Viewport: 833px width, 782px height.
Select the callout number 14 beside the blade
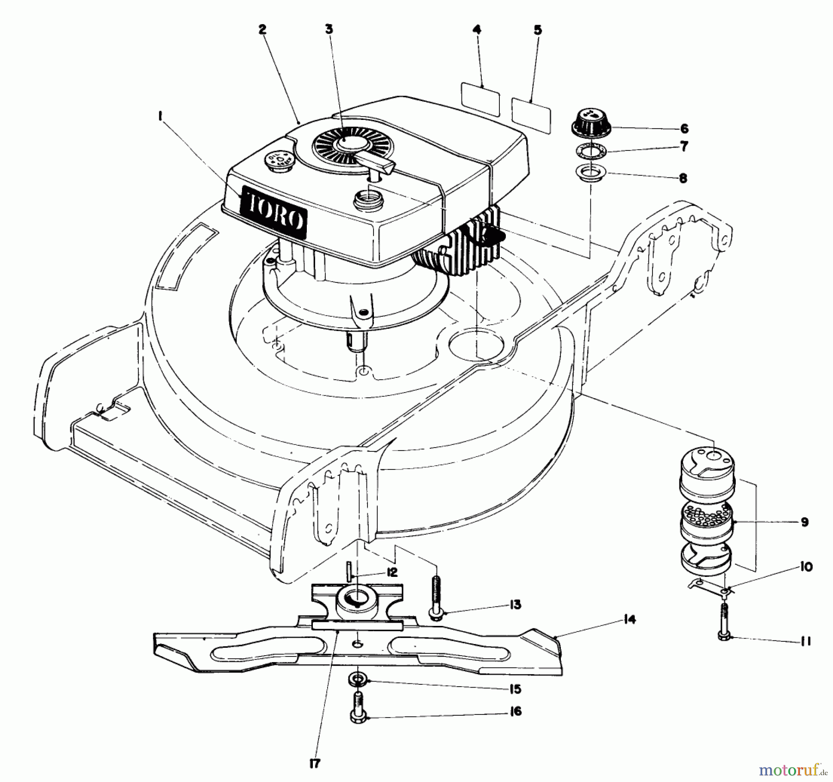click(629, 619)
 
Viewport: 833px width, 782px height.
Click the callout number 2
click(262, 30)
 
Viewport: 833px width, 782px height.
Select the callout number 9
click(804, 522)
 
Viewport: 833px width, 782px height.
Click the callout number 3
click(329, 30)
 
